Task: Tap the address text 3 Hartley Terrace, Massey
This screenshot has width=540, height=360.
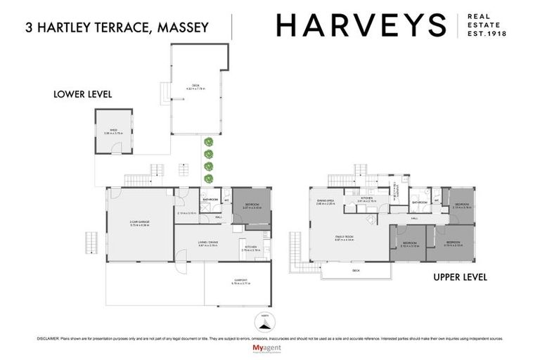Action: pyautogui.click(x=117, y=28)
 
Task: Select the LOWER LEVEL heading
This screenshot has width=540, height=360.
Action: pyautogui.click(x=83, y=94)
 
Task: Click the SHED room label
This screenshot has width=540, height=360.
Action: pyautogui.click(x=114, y=131)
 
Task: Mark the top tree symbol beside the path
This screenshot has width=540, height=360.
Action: pyautogui.click(x=208, y=143)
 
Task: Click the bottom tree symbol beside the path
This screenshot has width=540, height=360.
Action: pyautogui.click(x=208, y=179)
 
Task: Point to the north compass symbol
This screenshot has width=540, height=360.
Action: pyautogui.click(x=264, y=322)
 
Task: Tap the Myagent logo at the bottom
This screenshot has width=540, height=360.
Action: pyautogui.click(x=265, y=348)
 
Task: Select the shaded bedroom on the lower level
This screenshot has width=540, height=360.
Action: pyautogui.click(x=251, y=207)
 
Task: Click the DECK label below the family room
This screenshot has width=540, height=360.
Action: pyautogui.click(x=354, y=270)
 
